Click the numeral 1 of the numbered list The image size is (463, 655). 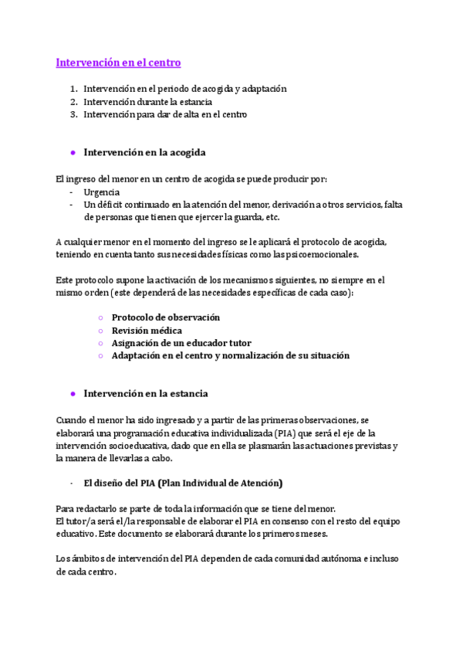(73, 89)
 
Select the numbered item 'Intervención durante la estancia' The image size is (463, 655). (148, 101)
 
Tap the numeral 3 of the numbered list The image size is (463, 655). (73, 114)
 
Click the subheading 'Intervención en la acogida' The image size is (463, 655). (144, 152)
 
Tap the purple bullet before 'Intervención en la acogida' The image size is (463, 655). (73, 152)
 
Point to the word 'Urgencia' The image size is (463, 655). (102, 192)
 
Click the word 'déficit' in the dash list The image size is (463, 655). (111, 204)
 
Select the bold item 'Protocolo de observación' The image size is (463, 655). (166, 317)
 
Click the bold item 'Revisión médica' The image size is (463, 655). (147, 330)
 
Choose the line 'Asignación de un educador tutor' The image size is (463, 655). (181, 342)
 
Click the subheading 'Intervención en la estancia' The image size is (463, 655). (146, 393)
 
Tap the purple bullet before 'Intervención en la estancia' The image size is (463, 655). (73, 393)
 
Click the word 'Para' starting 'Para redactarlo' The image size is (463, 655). (65, 508)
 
